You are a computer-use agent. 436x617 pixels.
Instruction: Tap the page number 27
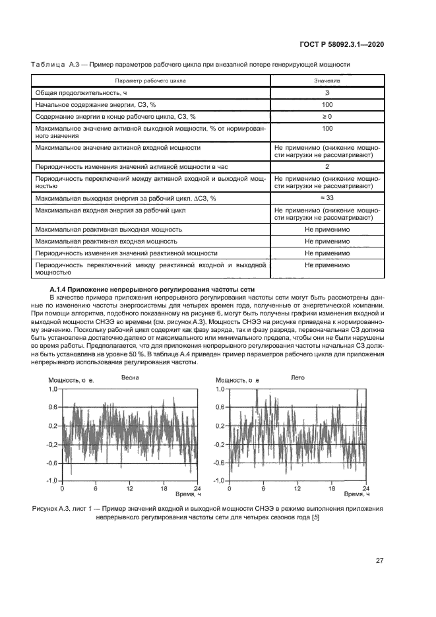point(380,561)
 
